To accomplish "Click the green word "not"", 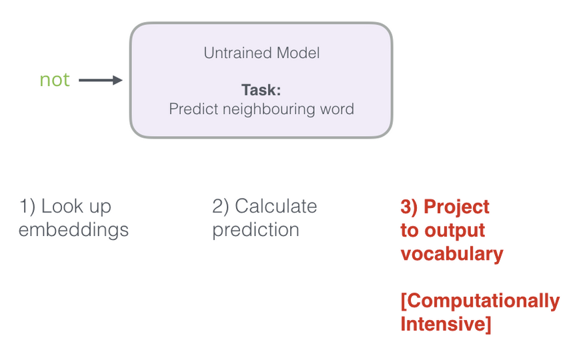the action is click(55, 80).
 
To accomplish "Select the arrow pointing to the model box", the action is click(100, 80).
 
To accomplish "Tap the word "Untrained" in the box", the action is click(237, 53).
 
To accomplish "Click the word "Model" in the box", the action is click(298, 53).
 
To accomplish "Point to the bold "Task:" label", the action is click(261, 90).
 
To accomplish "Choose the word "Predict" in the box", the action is click(193, 109).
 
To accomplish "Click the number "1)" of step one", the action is click(27, 207).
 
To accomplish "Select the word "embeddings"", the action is click(74, 230).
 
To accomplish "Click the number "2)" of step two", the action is click(221, 207).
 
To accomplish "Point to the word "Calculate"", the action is click(276, 206).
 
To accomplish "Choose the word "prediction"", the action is click(255, 230).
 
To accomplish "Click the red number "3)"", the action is click(409, 207).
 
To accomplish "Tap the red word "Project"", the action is click(456, 207).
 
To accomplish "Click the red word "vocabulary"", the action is click(452, 254).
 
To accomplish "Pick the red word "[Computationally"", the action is click(480, 301).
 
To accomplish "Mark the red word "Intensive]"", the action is click(446, 324).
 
